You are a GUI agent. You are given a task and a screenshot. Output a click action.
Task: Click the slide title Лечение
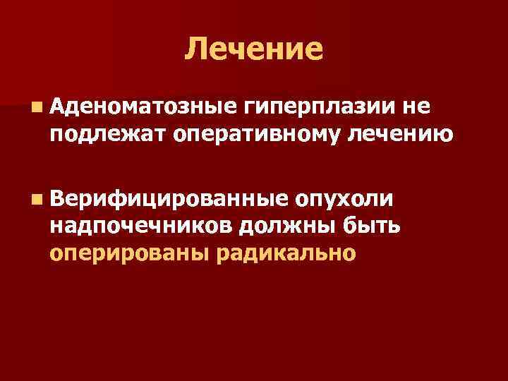255,49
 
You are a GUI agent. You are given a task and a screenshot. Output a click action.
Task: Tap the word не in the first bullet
416,108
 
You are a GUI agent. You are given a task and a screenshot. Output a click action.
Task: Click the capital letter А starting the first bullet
58,107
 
